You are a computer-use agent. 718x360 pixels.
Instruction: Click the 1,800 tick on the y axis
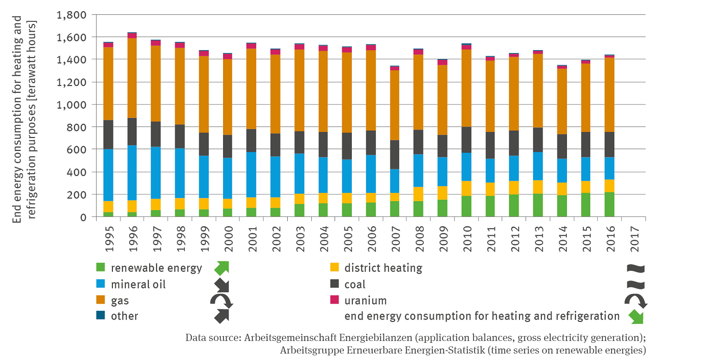click(71, 14)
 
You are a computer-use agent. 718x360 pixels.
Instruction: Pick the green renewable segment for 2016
click(609, 204)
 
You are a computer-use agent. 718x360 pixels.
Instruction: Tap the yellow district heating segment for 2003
click(299, 199)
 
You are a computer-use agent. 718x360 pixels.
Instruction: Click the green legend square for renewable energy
click(100, 268)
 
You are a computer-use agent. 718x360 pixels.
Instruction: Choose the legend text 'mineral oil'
click(138, 284)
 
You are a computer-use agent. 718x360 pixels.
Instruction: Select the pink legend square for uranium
click(334, 300)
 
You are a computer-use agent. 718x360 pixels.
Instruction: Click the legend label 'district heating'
click(383, 268)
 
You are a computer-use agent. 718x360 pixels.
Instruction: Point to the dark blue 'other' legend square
click(100, 316)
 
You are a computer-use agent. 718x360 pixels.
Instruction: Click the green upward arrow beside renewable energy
click(222, 268)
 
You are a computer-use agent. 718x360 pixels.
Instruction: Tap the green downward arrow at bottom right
click(635, 317)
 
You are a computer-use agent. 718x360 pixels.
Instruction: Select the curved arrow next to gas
click(222, 301)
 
